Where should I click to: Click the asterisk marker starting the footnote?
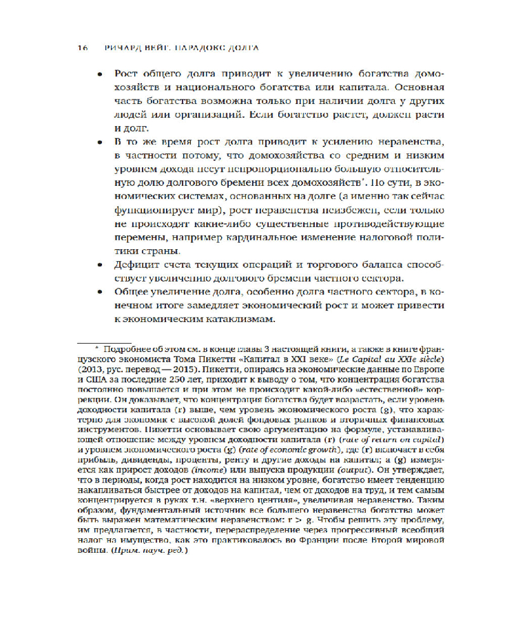pos(98,348)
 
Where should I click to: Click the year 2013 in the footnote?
pos(86,368)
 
